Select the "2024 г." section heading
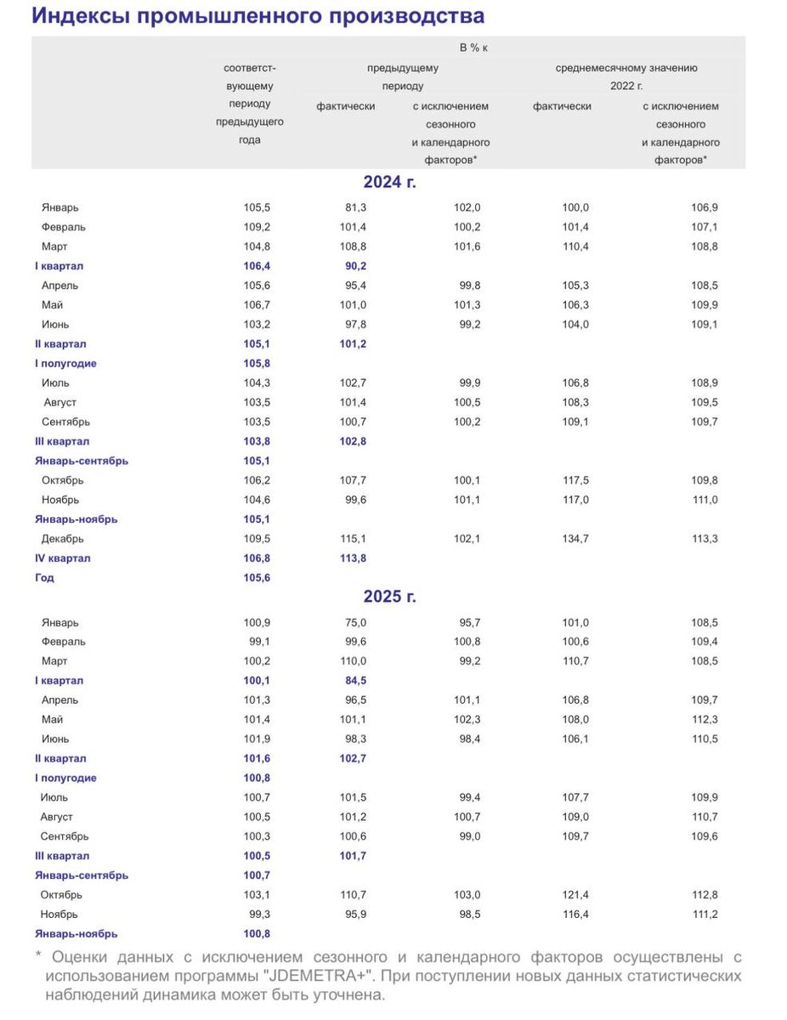389,181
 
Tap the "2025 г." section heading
389,597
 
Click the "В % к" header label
473,48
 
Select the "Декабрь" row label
64,539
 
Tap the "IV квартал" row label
63,558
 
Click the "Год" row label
44,578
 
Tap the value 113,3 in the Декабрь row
705,539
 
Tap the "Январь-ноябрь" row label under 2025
76,934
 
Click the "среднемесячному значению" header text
626,68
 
